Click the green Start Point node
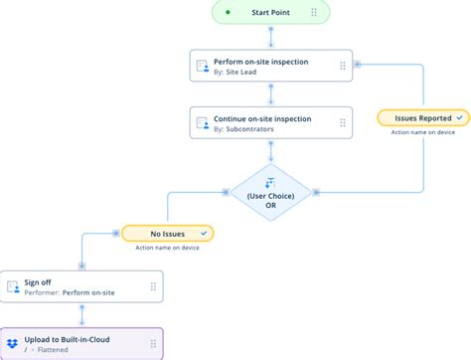tap(270, 13)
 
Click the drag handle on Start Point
tap(314, 13)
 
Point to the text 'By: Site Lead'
tap(242, 74)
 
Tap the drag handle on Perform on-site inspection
tap(342, 67)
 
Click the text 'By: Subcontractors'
tap(248, 129)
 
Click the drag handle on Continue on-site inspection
tap(342, 122)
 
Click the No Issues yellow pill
tap(166, 234)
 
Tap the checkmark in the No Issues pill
tap(203, 234)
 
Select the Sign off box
tap(81, 287)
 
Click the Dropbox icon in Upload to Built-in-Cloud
tap(12, 343)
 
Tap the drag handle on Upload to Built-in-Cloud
tap(152, 343)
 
